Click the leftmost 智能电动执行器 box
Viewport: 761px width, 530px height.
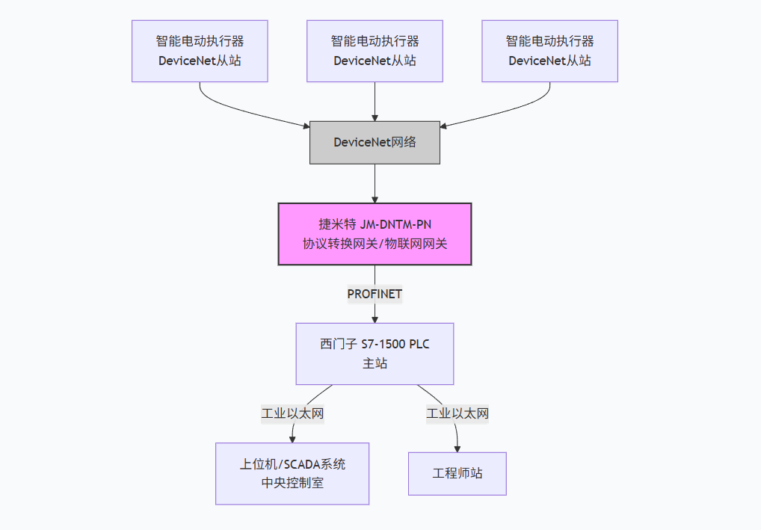[200, 51]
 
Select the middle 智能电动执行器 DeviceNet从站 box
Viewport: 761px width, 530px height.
[375, 51]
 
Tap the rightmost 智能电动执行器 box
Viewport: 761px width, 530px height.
[549, 51]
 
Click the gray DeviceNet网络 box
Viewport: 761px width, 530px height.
[375, 142]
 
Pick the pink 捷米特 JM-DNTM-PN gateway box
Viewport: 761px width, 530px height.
[375, 233]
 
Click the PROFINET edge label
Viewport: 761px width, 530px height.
[375, 294]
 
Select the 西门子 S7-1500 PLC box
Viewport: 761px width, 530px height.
[375, 354]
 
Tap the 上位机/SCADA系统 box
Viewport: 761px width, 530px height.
[292, 473]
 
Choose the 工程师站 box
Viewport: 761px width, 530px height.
[457, 473]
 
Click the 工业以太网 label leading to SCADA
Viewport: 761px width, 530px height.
[292, 413]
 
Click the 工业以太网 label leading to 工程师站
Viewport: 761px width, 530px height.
[457, 413]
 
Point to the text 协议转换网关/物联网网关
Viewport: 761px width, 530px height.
[375, 244]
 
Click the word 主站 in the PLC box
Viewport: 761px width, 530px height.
[375, 364]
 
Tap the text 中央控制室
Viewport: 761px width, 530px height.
[292, 483]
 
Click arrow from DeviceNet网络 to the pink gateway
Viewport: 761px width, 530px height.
[375, 183]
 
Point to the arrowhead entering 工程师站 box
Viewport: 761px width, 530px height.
[457, 448]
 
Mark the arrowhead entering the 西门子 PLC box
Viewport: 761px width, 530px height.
[375, 318]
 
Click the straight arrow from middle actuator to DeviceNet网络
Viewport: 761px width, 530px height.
[375, 101]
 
